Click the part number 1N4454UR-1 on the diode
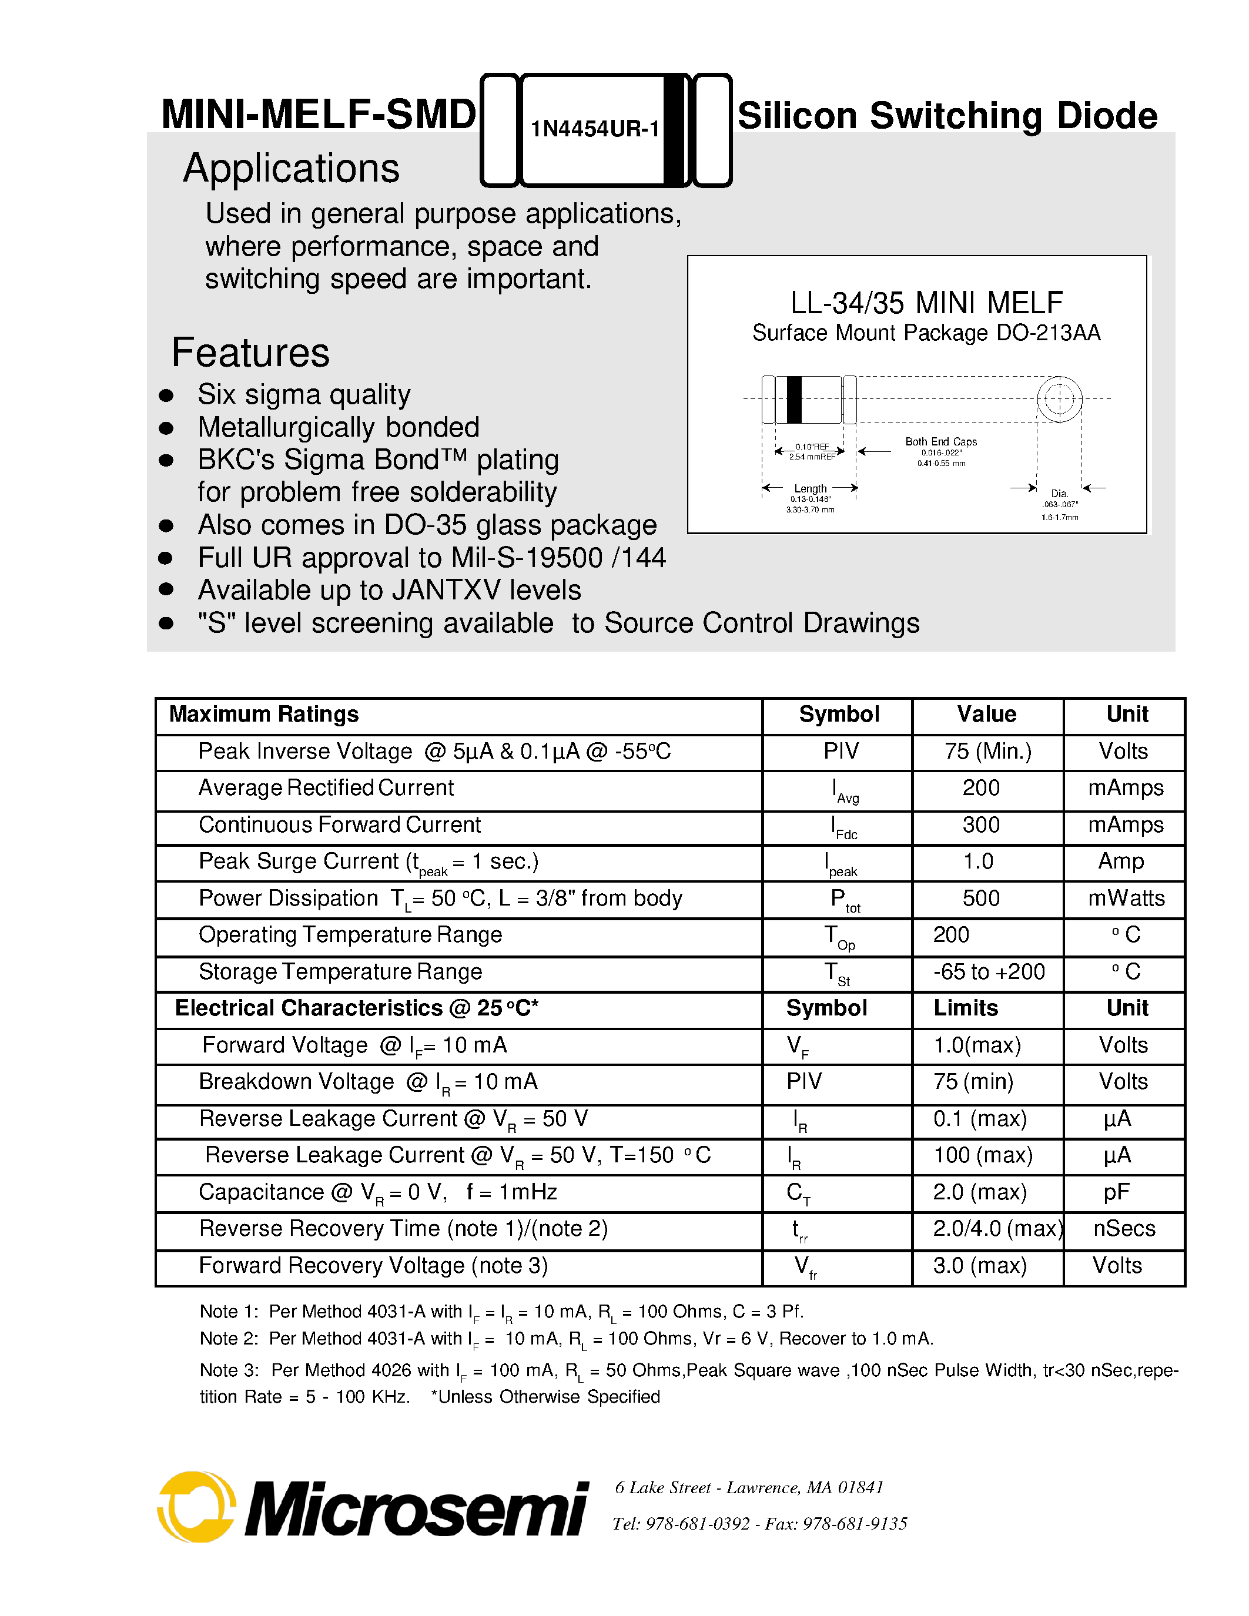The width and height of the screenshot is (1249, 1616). coord(594,129)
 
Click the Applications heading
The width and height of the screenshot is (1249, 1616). coord(291,169)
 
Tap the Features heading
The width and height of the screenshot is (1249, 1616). coord(250,353)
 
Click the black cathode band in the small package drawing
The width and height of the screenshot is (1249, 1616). coord(794,400)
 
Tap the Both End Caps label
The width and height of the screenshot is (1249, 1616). coord(940,442)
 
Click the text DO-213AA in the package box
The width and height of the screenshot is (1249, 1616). coord(1048,333)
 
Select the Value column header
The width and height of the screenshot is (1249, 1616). coord(986,714)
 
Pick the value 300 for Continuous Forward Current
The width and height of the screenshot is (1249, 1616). coord(980,824)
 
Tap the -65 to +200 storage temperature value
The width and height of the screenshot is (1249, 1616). coord(989,971)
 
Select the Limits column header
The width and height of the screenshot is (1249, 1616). coord(965,1008)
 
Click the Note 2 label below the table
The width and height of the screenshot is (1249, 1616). coord(228,1339)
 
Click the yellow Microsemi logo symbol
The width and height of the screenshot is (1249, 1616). coord(196,1507)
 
